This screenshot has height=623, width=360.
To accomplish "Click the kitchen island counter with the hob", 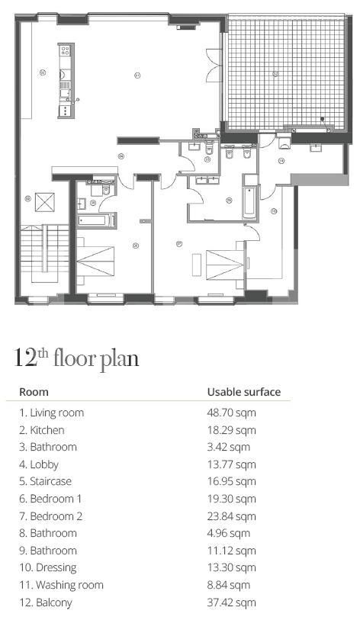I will click(x=65, y=80).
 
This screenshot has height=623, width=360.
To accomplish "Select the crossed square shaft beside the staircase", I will click(x=46, y=203).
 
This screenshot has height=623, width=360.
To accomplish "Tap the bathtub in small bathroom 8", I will click(x=95, y=220).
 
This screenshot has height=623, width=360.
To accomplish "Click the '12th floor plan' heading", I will click(x=76, y=358).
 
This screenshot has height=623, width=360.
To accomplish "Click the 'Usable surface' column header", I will click(x=244, y=392).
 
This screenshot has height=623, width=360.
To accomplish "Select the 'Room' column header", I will click(x=34, y=392).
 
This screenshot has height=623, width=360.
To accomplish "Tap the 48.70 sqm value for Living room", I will click(x=232, y=413).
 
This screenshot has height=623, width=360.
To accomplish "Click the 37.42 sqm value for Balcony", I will click(x=232, y=602).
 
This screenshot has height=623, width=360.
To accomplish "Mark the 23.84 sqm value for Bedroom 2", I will click(x=232, y=516).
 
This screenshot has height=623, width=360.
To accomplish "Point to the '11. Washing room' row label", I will click(x=61, y=585).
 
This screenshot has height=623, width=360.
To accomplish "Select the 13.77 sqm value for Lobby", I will click(x=232, y=464).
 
